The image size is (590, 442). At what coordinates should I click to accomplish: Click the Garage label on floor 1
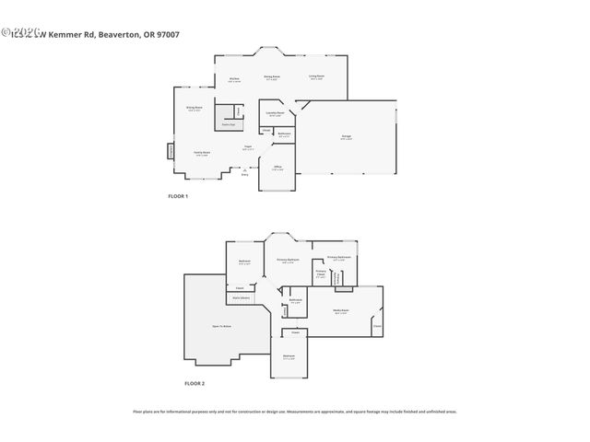[x=346, y=137]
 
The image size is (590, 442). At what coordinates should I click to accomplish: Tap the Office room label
[x=277, y=168]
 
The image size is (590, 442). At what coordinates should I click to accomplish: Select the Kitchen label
[x=235, y=80]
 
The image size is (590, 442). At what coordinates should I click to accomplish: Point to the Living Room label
[x=316, y=77]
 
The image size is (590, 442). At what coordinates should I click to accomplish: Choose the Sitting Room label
[x=195, y=109]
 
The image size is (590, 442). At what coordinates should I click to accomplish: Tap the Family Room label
[x=200, y=153]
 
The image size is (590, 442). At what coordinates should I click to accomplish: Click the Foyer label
[x=247, y=147]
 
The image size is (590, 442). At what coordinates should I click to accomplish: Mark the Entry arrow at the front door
[x=244, y=171]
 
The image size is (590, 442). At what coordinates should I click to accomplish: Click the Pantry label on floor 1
[x=228, y=124]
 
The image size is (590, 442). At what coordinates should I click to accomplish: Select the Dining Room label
[x=272, y=77]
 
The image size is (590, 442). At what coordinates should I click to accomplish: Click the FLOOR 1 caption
[x=177, y=197]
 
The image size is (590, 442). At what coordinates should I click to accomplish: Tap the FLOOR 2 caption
[x=194, y=382]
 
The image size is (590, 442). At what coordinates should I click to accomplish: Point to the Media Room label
[x=340, y=311]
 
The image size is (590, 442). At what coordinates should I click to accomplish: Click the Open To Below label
[x=221, y=326]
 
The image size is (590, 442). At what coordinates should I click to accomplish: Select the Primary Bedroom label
[x=288, y=261]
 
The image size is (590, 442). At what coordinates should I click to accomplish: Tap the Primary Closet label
[x=321, y=274]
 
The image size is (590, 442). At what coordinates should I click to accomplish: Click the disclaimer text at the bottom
[x=295, y=412]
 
